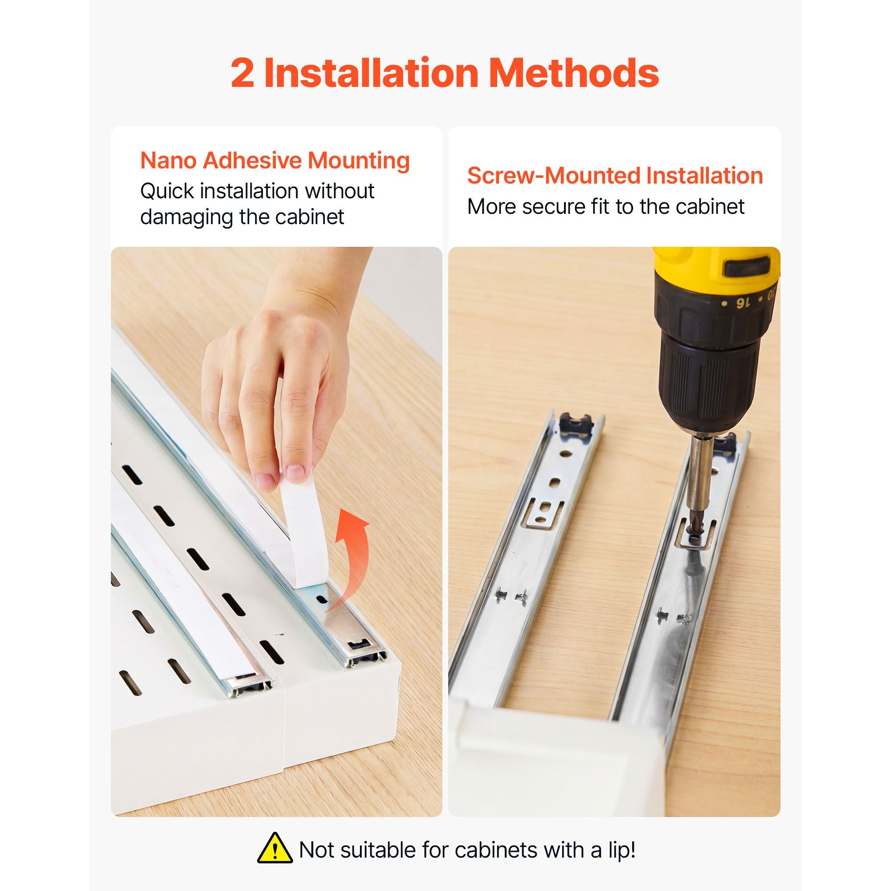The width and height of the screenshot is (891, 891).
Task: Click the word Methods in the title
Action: coord(574,73)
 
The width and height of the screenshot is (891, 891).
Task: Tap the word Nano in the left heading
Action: coord(168,160)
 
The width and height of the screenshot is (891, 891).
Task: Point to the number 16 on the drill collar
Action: coord(742,302)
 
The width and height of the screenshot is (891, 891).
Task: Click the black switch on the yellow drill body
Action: coord(746,267)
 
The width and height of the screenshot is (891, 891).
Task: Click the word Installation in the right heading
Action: coord(705,176)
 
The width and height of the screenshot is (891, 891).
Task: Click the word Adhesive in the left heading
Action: coord(252,160)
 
